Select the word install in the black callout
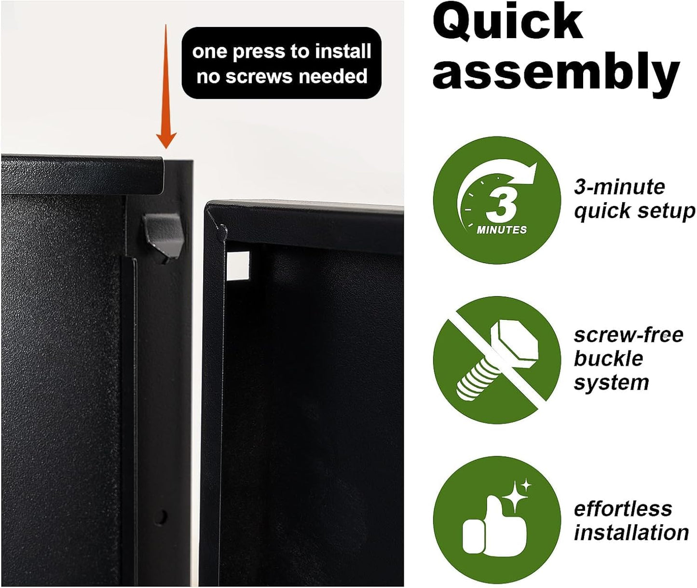click(x=340, y=52)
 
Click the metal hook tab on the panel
click(x=163, y=238)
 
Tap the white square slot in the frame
click(x=238, y=266)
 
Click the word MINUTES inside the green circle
click(x=502, y=230)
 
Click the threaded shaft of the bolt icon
click(x=477, y=380)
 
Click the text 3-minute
click(x=619, y=187)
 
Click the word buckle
click(x=609, y=359)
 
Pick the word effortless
click(x=623, y=509)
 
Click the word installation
click(x=631, y=533)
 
